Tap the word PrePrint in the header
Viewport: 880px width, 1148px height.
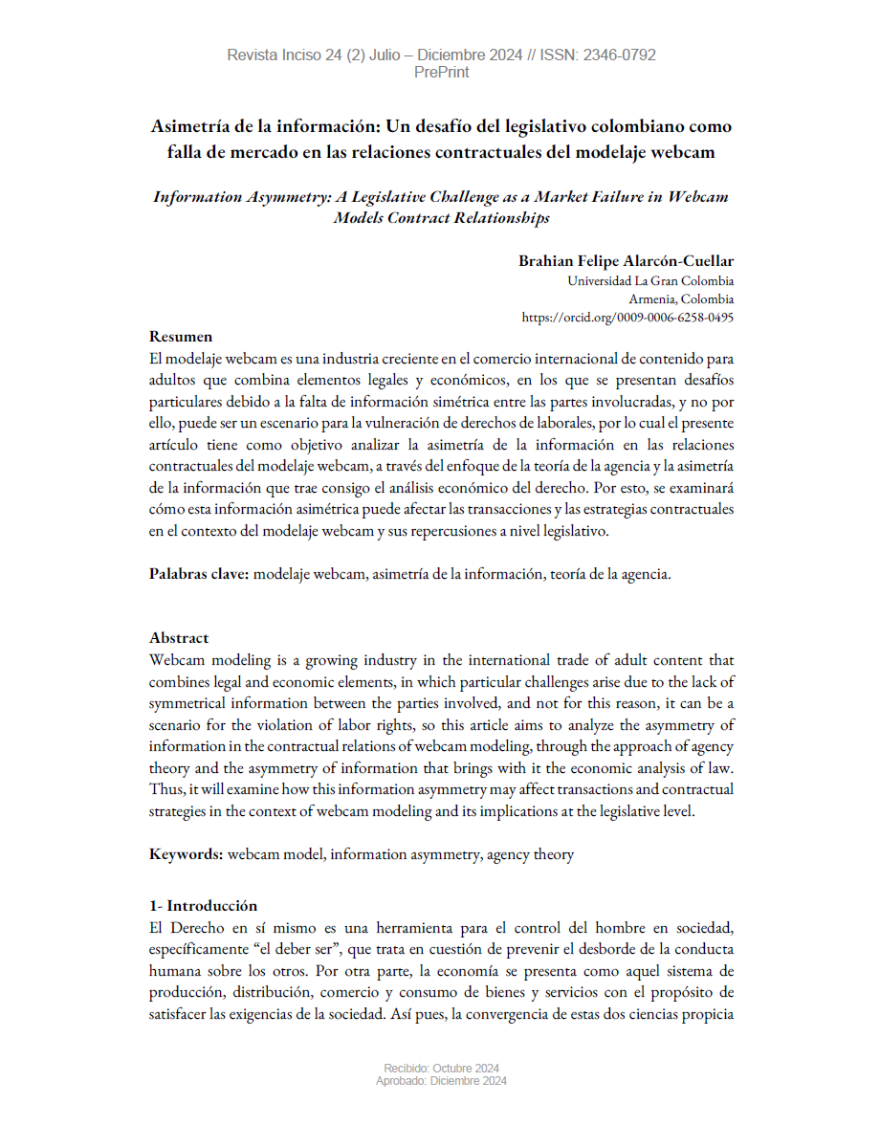pos(441,72)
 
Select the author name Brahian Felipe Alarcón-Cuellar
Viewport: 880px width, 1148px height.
pos(627,261)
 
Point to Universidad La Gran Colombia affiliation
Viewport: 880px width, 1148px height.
pos(650,281)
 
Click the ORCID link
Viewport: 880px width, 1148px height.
pos(627,317)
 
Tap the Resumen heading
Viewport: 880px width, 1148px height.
pos(181,337)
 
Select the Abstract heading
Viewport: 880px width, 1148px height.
pos(179,638)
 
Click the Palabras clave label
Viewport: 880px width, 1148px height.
pos(199,574)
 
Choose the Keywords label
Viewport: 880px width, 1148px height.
pos(186,854)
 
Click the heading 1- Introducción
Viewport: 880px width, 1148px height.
pos(204,906)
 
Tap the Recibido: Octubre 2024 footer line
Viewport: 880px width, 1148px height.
pos(441,1069)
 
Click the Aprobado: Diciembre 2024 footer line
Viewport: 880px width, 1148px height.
pos(441,1081)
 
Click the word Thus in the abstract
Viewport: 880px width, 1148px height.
pos(165,789)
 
